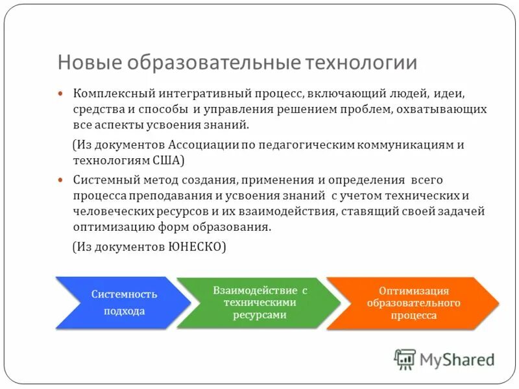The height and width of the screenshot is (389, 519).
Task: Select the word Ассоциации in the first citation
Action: click(x=206, y=145)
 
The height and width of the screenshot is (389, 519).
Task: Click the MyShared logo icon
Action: click(x=405, y=359)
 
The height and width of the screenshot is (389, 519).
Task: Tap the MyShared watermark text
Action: click(x=457, y=359)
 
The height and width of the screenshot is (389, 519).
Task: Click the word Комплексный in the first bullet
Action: click(x=106, y=94)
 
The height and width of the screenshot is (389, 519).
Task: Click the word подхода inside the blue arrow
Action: click(x=124, y=311)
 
